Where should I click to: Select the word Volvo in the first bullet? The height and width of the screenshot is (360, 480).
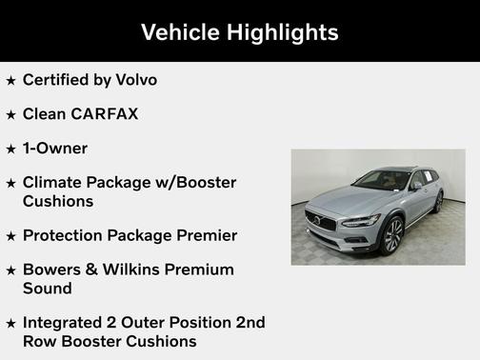click(133, 80)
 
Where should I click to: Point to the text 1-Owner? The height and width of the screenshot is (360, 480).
click(55, 149)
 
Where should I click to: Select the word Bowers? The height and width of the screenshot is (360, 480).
click(54, 270)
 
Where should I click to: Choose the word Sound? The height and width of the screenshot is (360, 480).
click(48, 288)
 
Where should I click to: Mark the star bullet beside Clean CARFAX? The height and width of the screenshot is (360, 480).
click(10, 115)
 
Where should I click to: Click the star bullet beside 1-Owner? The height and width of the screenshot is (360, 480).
click(10, 150)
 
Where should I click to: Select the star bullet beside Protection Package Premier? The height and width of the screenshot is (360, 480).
click(10, 236)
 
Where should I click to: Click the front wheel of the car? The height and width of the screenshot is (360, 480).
click(391, 234)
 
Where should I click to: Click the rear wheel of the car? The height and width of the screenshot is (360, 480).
click(438, 201)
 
